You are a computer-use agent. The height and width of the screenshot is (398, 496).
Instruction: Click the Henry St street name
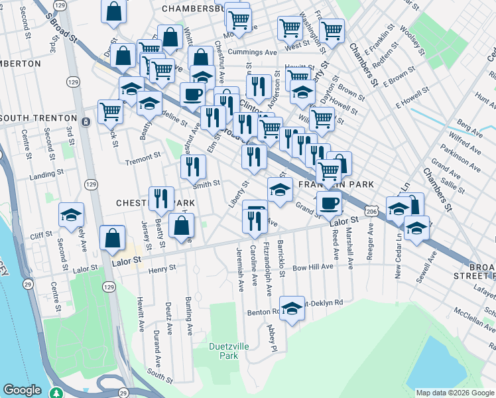162,269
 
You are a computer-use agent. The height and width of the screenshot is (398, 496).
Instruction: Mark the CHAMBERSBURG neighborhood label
196,9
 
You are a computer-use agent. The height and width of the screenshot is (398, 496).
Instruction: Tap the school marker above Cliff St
71,214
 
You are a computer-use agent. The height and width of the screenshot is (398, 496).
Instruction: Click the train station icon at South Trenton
86,121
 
